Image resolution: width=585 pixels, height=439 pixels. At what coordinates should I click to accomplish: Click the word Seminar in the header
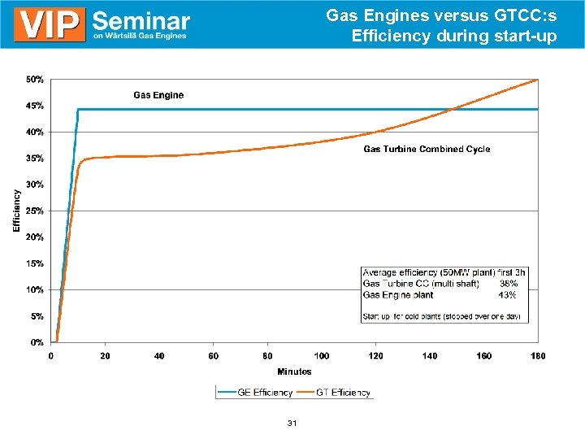141,20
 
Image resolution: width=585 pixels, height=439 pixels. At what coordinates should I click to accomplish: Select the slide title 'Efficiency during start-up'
454,36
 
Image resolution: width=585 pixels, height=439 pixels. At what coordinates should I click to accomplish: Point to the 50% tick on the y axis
35,80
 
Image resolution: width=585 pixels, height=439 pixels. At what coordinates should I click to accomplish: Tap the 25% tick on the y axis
35,211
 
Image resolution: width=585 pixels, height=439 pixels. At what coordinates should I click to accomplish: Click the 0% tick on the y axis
37,342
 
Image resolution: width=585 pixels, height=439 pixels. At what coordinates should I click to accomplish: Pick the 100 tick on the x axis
322,356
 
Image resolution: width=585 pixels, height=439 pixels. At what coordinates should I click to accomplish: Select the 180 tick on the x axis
538,356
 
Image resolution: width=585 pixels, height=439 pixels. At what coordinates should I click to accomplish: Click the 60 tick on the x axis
214,356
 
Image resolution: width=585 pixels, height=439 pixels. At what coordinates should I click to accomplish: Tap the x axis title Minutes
294,372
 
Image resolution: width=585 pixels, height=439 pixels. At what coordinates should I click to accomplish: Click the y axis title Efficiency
17,211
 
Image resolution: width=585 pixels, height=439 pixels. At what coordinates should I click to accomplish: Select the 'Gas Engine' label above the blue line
158,95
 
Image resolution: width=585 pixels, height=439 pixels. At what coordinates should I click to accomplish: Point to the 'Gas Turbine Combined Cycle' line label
427,149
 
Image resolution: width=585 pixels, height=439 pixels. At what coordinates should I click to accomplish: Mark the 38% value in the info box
508,284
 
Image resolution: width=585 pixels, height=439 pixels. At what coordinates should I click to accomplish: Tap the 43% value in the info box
508,295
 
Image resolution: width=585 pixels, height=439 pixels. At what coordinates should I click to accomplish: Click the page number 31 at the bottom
292,423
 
